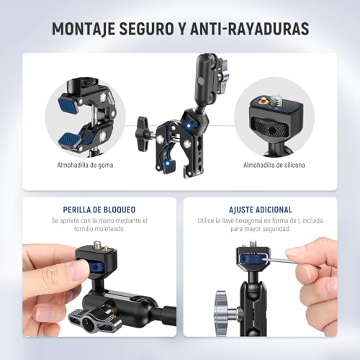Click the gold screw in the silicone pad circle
click(x=276, y=96)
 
